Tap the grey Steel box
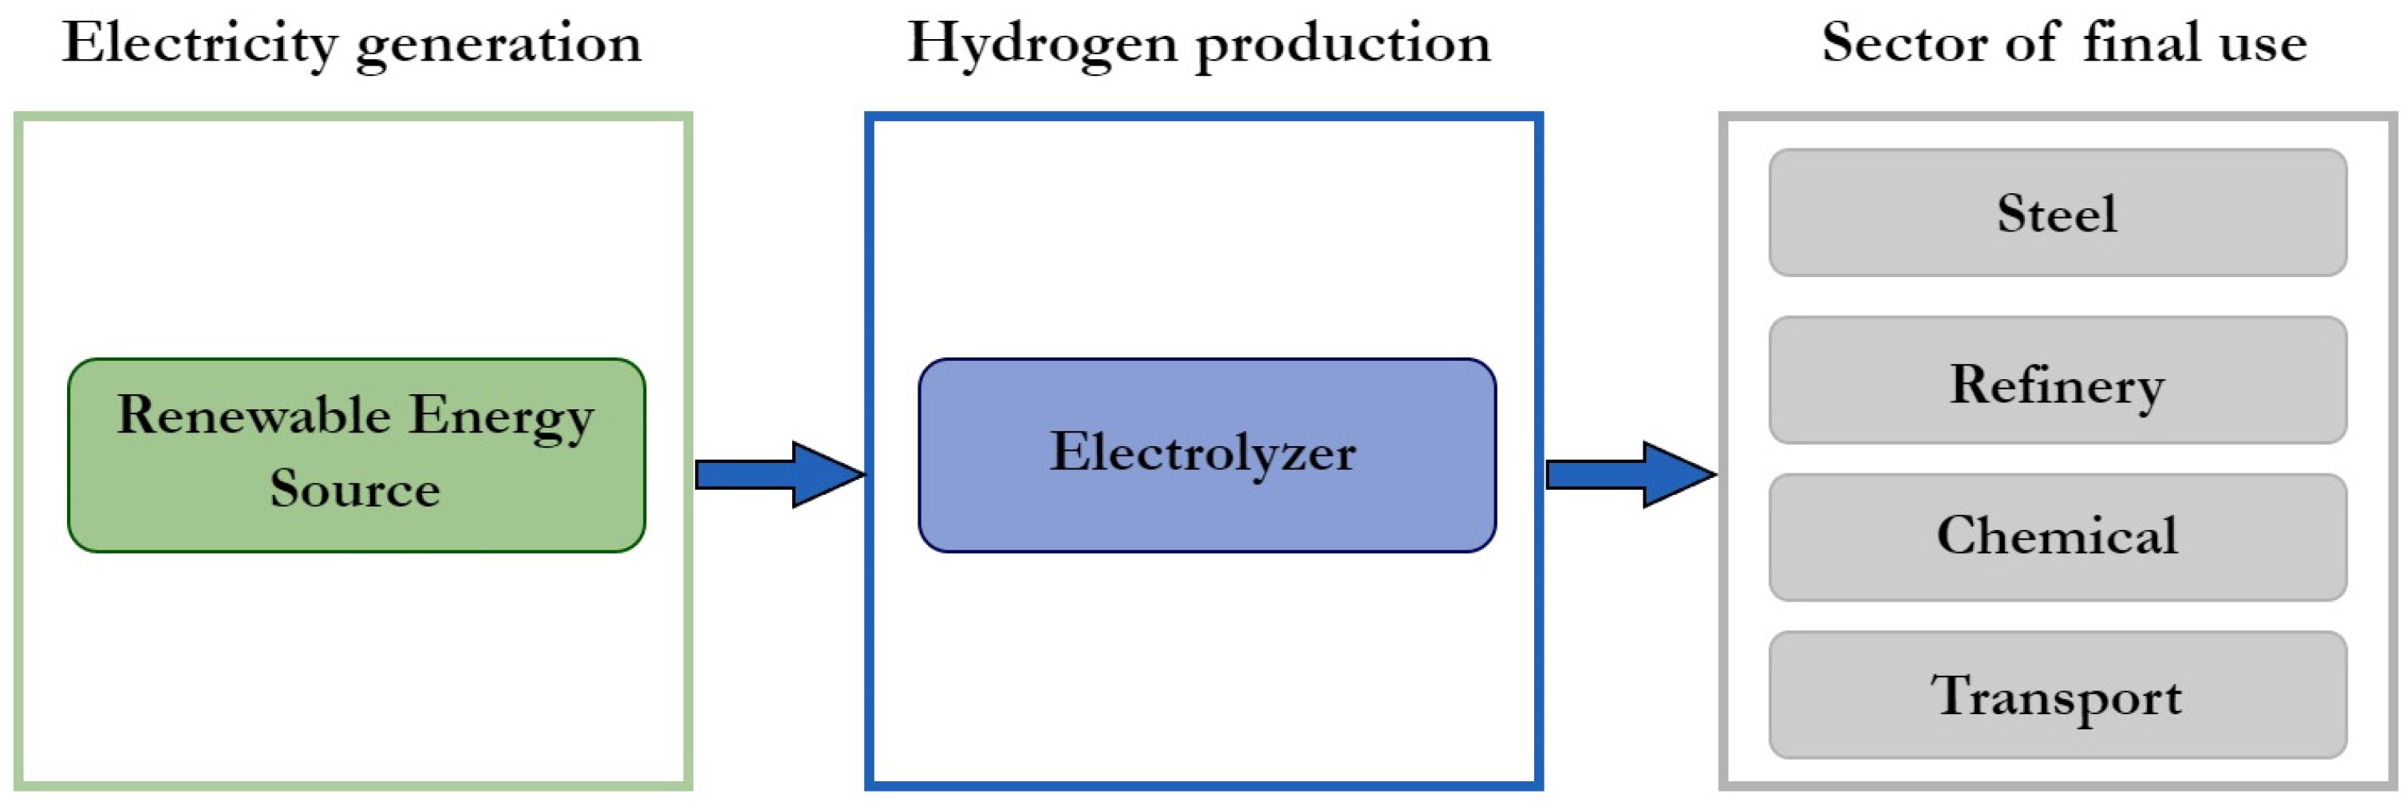[x=2058, y=212]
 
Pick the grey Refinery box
[x=2058, y=380]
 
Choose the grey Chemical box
[x=2058, y=536]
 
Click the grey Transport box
[x=2058, y=695]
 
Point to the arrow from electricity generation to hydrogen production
[x=779, y=475]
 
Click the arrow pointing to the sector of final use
[x=1631, y=475]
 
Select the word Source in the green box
[x=355, y=488]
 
